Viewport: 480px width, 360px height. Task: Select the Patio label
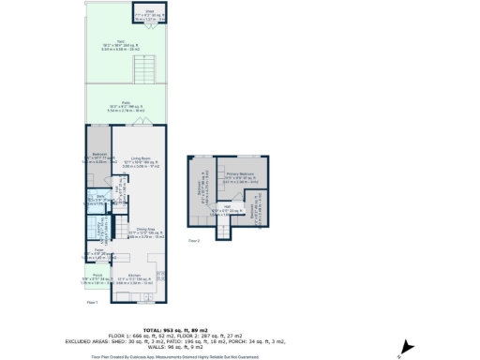tap(121, 106)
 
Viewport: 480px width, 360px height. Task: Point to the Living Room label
tap(142, 161)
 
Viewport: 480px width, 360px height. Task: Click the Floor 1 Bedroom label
tap(99, 156)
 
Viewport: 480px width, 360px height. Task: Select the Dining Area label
tap(145, 232)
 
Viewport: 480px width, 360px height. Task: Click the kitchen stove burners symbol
tap(160, 277)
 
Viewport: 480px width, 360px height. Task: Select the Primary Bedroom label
tap(241, 176)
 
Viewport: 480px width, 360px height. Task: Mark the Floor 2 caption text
tap(194, 241)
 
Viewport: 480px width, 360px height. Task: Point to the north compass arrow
tap(405, 346)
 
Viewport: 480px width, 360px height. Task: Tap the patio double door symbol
tap(141, 123)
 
